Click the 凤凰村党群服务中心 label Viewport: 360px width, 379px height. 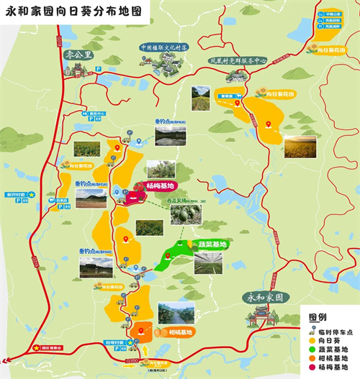(x=238, y=61)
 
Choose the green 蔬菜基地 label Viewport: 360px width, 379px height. (x=212, y=245)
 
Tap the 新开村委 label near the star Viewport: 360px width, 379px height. (x=16, y=194)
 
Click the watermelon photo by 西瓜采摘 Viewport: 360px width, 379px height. (x=186, y=214)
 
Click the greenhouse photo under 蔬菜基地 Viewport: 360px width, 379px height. (x=208, y=262)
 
